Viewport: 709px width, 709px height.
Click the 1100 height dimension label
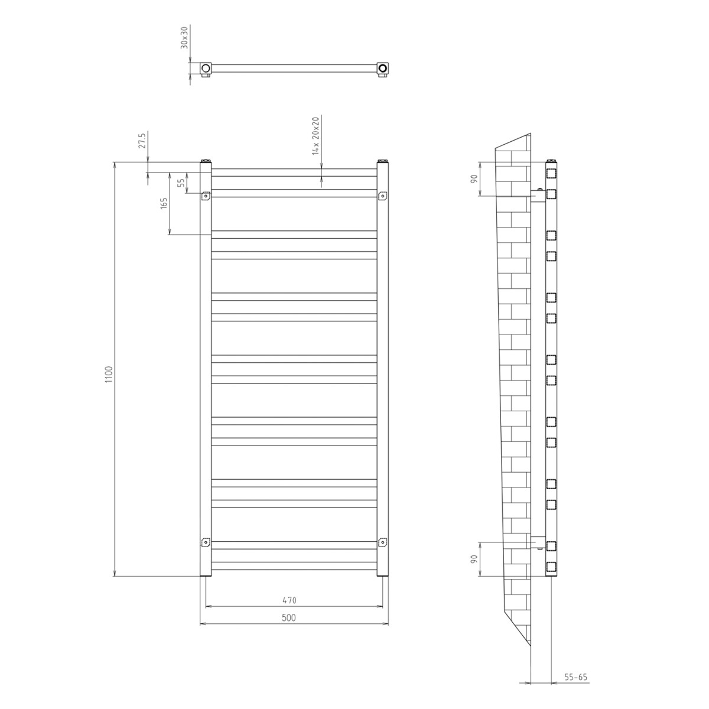[x=108, y=375]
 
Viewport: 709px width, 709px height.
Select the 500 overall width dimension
[x=288, y=617]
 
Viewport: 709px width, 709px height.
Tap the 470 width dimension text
[x=288, y=600]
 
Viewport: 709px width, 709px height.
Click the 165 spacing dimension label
[x=164, y=203]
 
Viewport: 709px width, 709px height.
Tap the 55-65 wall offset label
[x=575, y=678]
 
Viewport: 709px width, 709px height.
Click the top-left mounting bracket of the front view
[x=206, y=196]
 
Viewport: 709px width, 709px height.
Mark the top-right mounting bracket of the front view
[x=382, y=196]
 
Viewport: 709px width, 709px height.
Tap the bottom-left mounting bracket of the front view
[x=206, y=542]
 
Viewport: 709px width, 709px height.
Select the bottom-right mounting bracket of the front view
[x=382, y=542]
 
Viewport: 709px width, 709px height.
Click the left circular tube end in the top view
[x=206, y=68]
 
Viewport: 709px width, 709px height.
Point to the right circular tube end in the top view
[x=383, y=68]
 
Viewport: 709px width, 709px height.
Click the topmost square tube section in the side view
[x=551, y=174]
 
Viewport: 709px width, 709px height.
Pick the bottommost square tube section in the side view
[x=551, y=567]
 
